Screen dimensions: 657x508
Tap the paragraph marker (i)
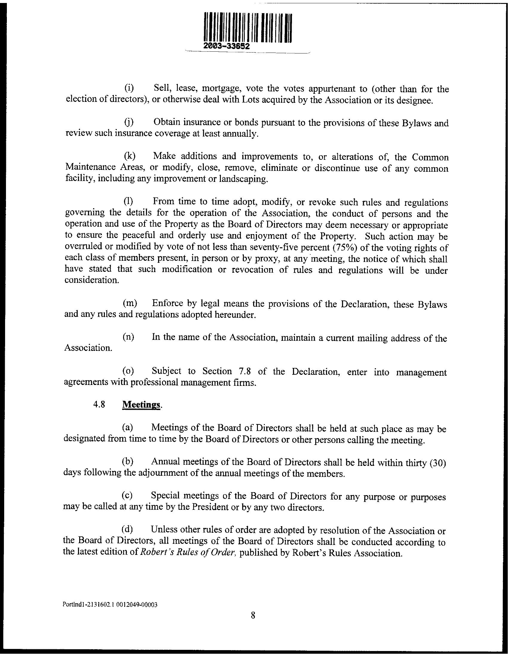click(129, 88)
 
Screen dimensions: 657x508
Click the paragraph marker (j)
click(129, 122)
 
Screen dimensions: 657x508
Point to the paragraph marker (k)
click(129, 156)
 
